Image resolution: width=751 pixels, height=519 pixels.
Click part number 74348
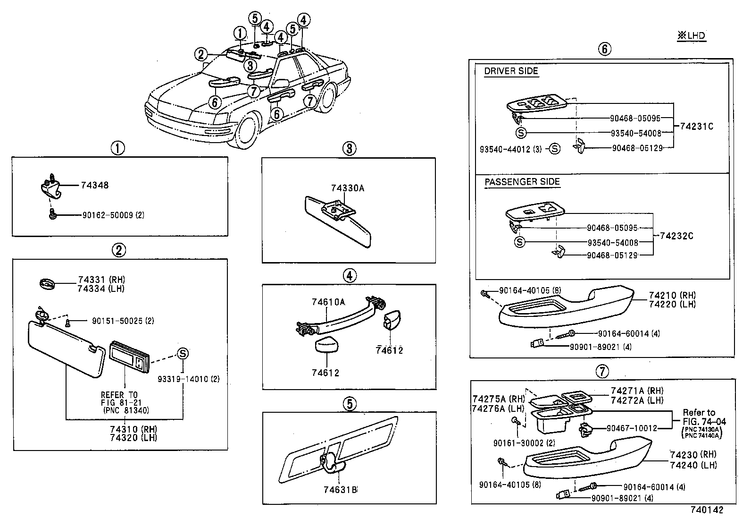click(x=94, y=185)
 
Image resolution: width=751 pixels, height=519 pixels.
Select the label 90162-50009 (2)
click(x=113, y=215)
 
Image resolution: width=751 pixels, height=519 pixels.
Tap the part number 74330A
click(x=347, y=188)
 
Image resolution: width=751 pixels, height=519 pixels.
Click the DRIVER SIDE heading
click(x=511, y=72)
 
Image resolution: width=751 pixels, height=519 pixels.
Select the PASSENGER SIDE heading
click(x=522, y=182)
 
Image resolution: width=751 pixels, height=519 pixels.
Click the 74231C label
click(x=697, y=127)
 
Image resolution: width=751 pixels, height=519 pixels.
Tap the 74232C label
click(x=676, y=236)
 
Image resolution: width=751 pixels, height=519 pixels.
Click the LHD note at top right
click(x=692, y=36)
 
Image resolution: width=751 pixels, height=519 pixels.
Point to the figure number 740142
click(x=706, y=510)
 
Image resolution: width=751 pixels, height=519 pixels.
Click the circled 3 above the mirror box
click(x=349, y=149)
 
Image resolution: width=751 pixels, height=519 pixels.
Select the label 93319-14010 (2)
click(x=188, y=379)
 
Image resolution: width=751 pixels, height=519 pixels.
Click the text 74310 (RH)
click(x=134, y=429)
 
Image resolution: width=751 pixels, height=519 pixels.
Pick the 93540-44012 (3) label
click(x=510, y=149)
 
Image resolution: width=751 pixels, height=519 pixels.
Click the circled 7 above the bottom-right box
click(x=601, y=372)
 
